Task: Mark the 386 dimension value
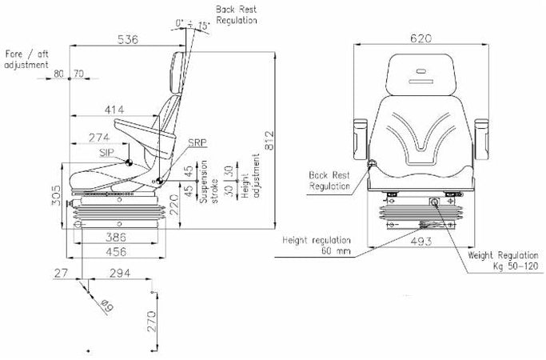(118, 238)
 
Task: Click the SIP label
(106, 151)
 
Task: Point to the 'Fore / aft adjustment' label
(26, 58)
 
